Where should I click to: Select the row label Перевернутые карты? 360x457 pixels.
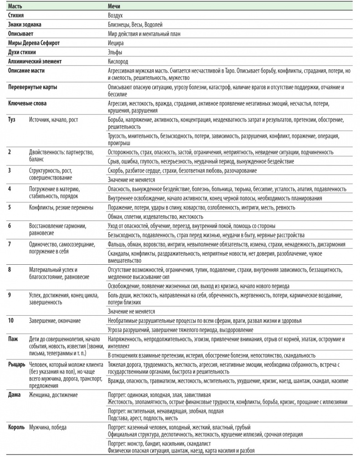(33, 87)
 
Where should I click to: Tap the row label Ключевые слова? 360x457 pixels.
(27, 103)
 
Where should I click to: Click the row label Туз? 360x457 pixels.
(12, 120)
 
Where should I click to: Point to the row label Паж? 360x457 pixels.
(13, 339)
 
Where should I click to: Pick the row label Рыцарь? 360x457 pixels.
(17, 365)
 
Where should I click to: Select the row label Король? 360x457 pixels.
(17, 427)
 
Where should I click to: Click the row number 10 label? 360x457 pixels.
(11, 321)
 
